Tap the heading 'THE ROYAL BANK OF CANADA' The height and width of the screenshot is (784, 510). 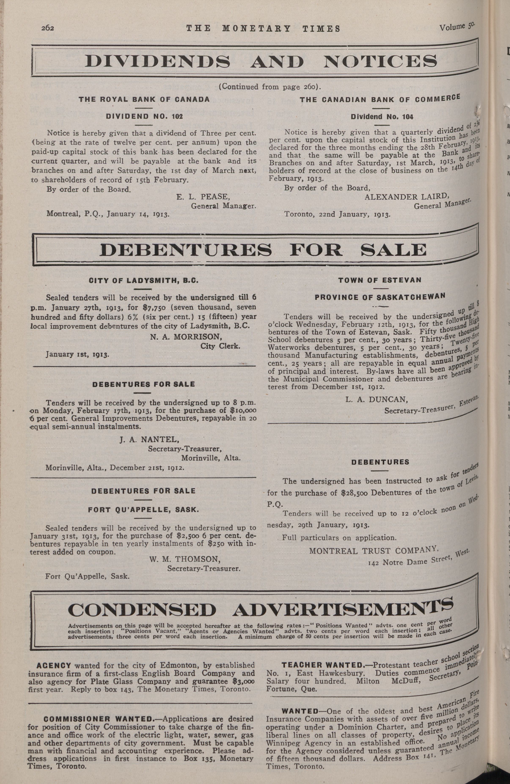(x=144, y=99)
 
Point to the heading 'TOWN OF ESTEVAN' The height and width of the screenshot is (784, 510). (x=380, y=280)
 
